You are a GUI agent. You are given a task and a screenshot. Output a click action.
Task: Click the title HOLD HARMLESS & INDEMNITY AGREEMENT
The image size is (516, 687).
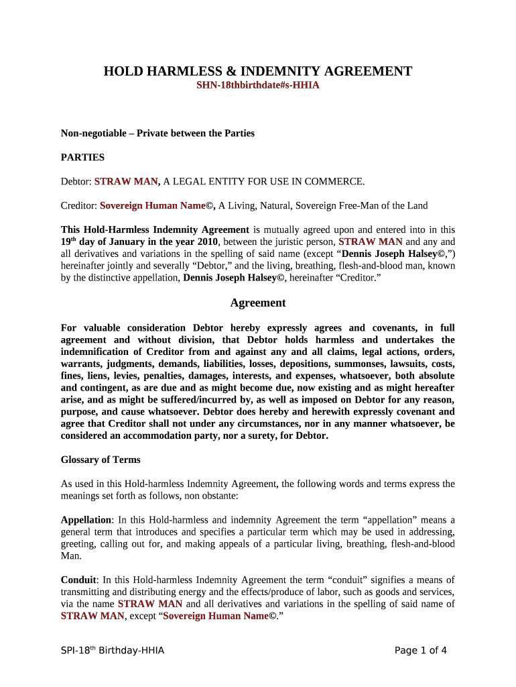pos(257,71)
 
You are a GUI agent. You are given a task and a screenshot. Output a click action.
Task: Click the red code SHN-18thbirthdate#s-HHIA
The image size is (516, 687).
pos(257,86)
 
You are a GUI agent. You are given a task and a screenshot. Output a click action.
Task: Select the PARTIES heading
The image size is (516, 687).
pos(82,157)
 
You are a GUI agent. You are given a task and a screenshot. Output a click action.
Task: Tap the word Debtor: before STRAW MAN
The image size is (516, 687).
pos(76,181)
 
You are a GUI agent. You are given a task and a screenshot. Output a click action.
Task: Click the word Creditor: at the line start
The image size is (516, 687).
pos(79,205)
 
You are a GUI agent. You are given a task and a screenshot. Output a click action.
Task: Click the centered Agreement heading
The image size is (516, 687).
pos(257,303)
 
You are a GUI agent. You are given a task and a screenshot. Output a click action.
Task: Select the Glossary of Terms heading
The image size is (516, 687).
pos(101,460)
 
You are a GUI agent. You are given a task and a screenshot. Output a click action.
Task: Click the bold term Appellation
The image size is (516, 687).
pos(86,520)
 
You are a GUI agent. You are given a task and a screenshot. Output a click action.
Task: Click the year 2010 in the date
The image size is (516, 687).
pos(208,242)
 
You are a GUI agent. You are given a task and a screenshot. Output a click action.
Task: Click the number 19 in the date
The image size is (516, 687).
pos(66,242)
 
